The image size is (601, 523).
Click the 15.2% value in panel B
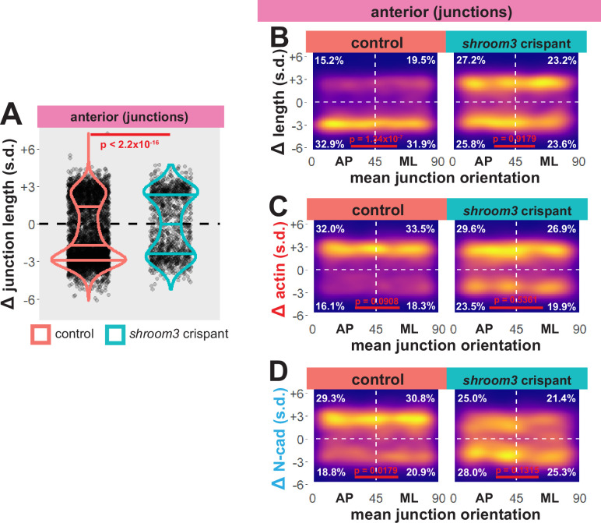click(328, 60)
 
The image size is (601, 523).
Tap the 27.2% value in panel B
click(466, 60)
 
